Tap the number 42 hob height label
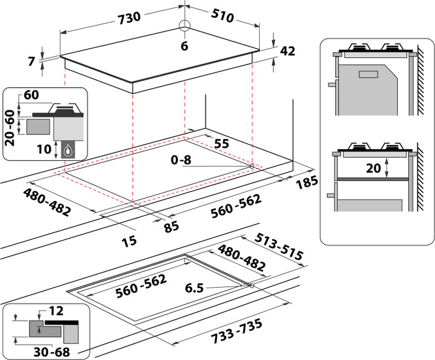point(288,51)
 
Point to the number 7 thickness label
point(32,60)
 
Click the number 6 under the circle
point(184,47)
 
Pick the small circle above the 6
point(184,26)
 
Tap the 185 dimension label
point(307,183)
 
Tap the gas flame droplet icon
point(68,150)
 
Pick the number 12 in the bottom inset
point(56,312)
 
